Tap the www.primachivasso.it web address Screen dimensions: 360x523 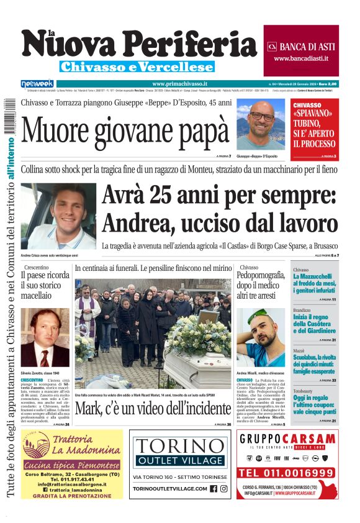[x=179, y=84]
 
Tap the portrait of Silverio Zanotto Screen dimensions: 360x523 [x=45, y=337]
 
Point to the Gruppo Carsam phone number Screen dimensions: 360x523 [x=287, y=473]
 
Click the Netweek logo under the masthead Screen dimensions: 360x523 [x=37, y=83]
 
